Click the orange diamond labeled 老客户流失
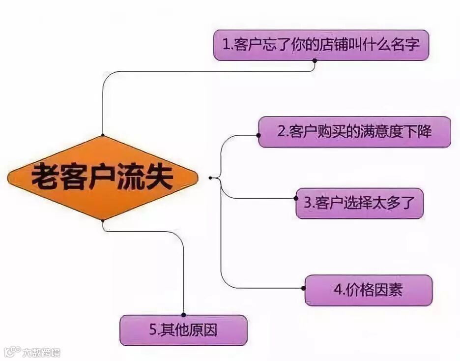103,178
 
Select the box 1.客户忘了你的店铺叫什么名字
321,45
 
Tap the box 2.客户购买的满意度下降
354,132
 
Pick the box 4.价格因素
369,290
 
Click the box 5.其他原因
183,330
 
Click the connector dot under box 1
315,60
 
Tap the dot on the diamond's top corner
103,135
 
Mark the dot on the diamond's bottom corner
103,220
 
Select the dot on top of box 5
183,315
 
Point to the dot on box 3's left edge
296,199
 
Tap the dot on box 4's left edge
305,288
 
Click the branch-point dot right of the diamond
210,178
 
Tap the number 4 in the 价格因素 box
338,290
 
